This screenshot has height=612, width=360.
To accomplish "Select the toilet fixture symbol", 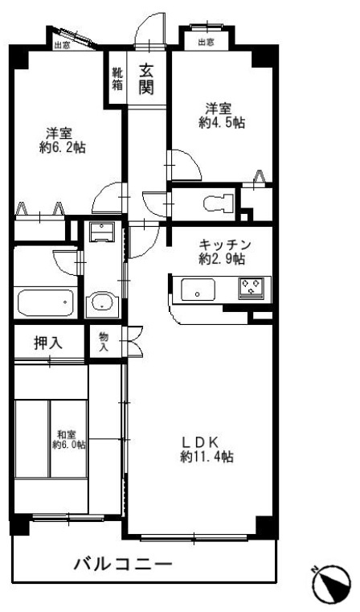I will click(x=214, y=203).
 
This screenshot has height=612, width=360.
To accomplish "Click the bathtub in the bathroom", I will click(x=45, y=303).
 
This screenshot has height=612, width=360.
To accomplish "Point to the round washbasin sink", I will click(x=102, y=303).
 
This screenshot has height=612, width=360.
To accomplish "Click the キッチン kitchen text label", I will click(x=225, y=244).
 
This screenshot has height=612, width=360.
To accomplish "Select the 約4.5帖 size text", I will click(x=223, y=122).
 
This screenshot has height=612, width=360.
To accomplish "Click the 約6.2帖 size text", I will click(x=62, y=148).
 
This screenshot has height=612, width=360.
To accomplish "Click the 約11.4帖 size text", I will click(x=207, y=457).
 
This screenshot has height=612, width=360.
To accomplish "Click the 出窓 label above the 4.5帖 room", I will click(x=205, y=42).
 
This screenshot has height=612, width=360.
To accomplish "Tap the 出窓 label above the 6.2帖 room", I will click(x=61, y=46).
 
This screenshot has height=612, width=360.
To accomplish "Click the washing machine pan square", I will click(x=101, y=233).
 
